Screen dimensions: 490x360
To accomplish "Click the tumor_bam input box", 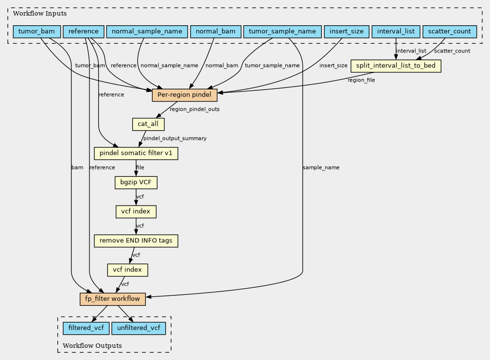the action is (x=36, y=32).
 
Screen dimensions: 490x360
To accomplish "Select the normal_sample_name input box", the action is (x=147, y=32).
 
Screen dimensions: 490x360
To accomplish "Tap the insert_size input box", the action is (x=347, y=32).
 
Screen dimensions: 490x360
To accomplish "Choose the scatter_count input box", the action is (x=449, y=32).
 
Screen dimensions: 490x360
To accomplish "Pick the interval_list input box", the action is (x=396, y=32).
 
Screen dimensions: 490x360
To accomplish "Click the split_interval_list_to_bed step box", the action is (x=396, y=66).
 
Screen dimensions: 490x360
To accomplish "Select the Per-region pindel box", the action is (x=184, y=95).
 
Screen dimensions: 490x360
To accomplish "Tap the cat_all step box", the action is (x=148, y=124).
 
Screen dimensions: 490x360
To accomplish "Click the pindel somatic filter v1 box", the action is (x=136, y=154).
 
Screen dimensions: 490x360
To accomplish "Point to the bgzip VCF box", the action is (x=136, y=182).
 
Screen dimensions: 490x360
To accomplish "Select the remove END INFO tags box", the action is (x=136, y=240).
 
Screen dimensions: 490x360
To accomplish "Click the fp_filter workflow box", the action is (x=112, y=299).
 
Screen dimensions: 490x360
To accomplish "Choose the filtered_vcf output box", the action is (x=86, y=328).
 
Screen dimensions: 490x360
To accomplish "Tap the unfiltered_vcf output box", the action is (x=139, y=328).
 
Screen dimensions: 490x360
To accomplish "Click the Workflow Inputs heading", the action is (x=40, y=14).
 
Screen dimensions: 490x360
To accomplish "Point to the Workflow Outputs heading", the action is (x=92, y=345).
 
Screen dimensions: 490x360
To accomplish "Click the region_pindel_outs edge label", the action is (x=194, y=109).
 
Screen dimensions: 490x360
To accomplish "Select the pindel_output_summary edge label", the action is (x=175, y=138).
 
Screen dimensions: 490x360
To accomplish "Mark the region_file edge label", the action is (x=361, y=80).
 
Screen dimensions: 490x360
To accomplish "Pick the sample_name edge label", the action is (x=321, y=168).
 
